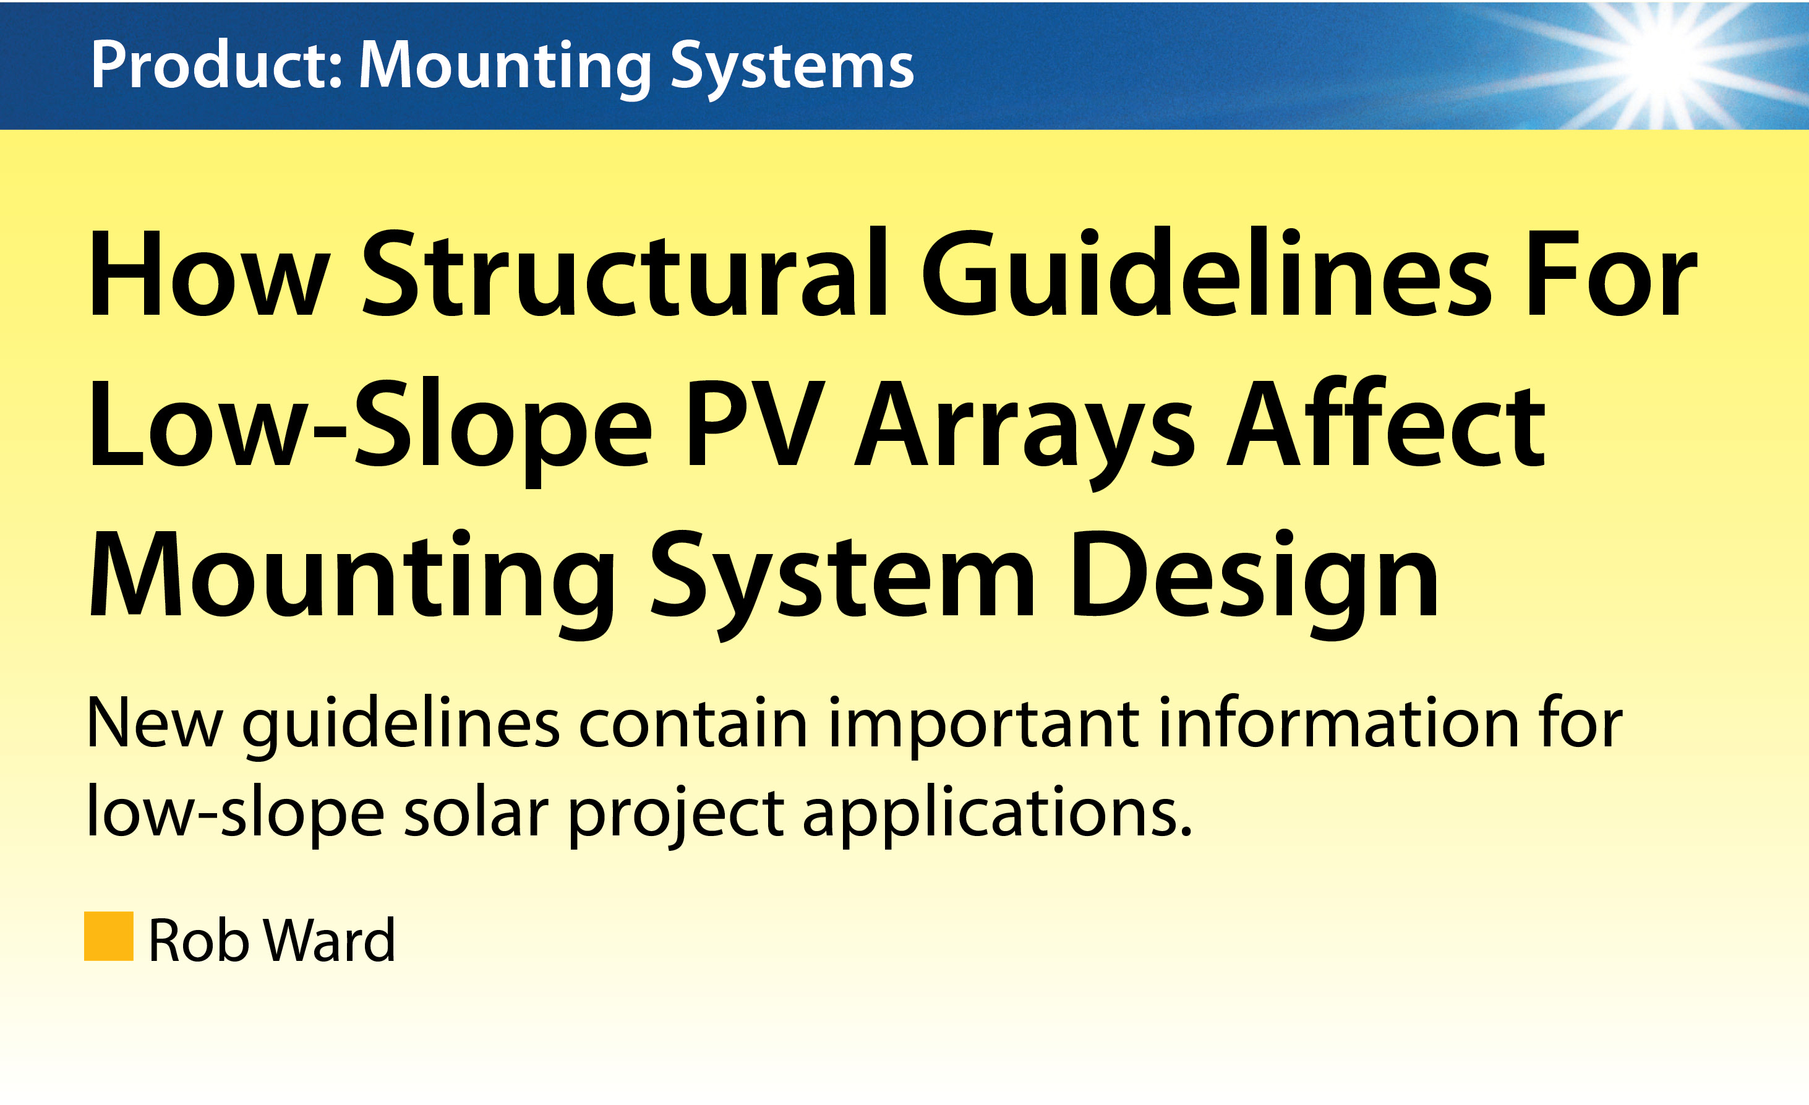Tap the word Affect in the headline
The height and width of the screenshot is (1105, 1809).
point(1387,422)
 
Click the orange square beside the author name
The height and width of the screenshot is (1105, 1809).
point(109,936)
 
